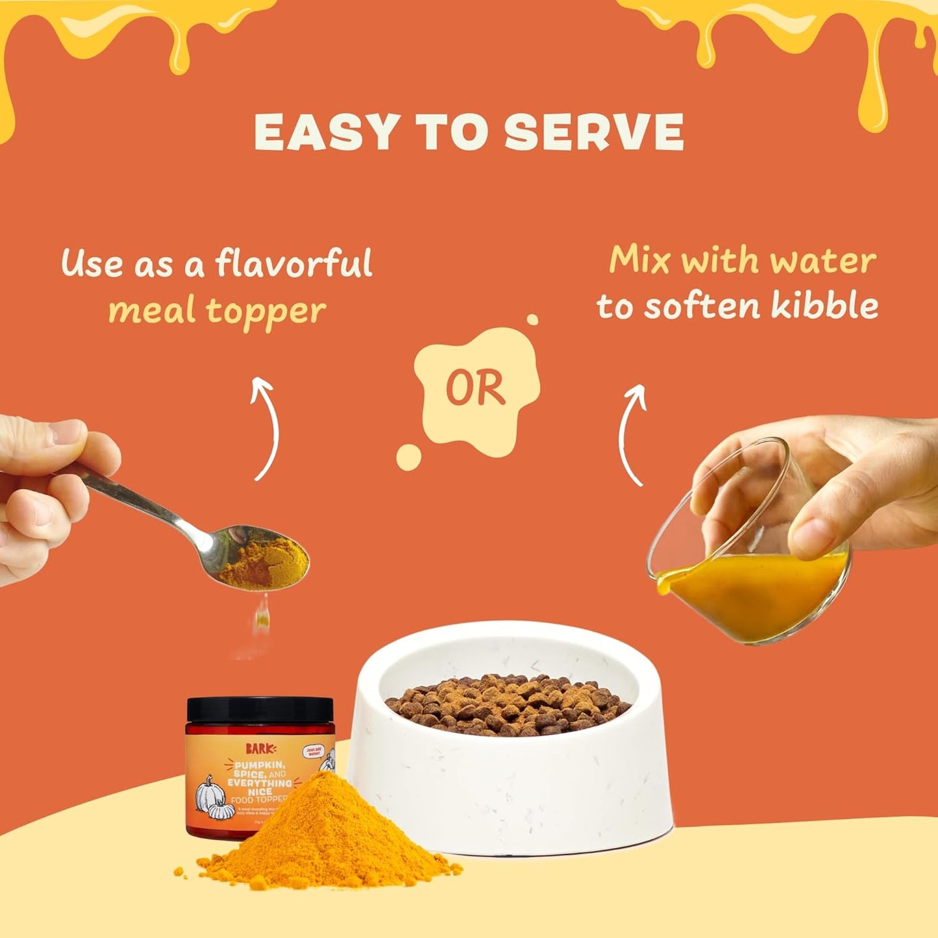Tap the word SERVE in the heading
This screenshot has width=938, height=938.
(x=593, y=132)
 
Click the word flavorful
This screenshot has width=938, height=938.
(x=293, y=264)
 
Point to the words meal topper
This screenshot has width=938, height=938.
(x=217, y=312)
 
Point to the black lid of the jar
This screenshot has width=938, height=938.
(x=260, y=710)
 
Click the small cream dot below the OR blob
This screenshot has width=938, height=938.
(x=408, y=457)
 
